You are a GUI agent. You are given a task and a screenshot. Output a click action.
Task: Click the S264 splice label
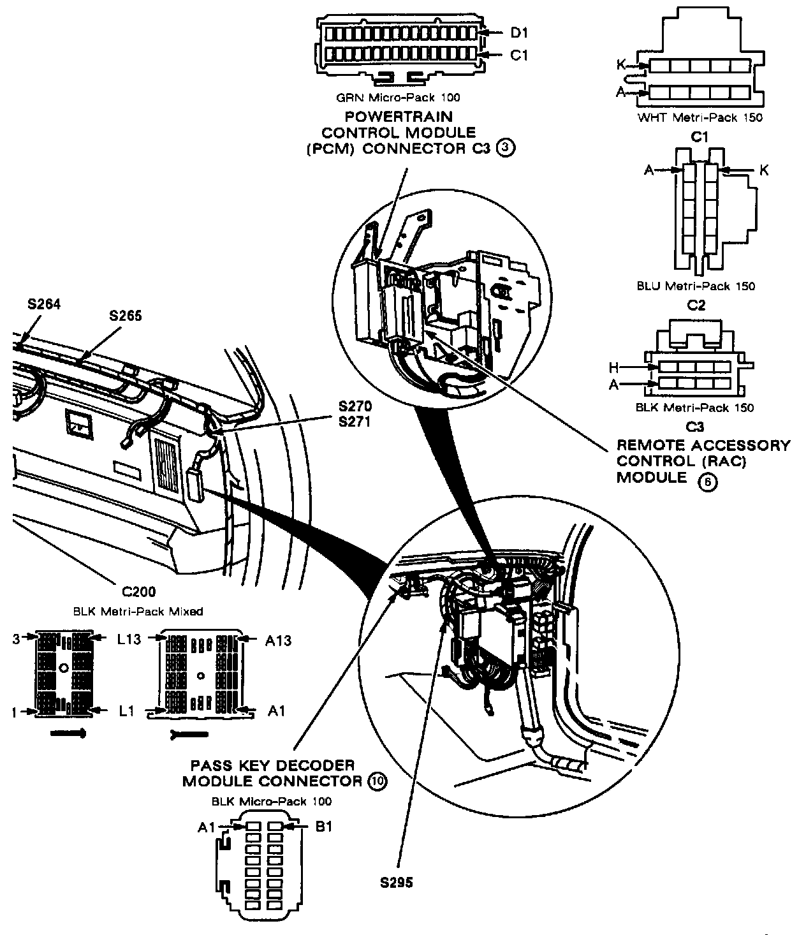pyautogui.click(x=44, y=304)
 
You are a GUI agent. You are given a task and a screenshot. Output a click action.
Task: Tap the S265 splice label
pyautogui.click(x=126, y=315)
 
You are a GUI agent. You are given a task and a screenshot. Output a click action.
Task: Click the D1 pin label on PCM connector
pyautogui.click(x=520, y=32)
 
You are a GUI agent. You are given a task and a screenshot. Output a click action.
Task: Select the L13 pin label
pyautogui.click(x=129, y=639)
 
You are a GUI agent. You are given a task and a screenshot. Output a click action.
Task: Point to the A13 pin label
pyautogui.click(x=278, y=640)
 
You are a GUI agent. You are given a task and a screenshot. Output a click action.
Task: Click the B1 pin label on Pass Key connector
pyautogui.click(x=323, y=827)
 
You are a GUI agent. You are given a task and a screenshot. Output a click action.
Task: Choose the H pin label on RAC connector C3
pyautogui.click(x=613, y=367)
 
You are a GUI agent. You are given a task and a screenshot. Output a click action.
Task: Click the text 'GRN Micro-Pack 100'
pyautogui.click(x=398, y=98)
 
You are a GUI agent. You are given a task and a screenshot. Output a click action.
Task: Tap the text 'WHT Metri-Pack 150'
pyautogui.click(x=700, y=117)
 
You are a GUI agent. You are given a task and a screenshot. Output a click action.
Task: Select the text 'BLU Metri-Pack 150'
pyautogui.click(x=696, y=286)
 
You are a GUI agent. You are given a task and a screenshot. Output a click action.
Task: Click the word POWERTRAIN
pyautogui.click(x=399, y=117)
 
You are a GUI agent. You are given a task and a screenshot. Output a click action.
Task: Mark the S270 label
pyautogui.click(x=355, y=406)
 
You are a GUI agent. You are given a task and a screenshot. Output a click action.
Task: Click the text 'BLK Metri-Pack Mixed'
pyautogui.click(x=138, y=611)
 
